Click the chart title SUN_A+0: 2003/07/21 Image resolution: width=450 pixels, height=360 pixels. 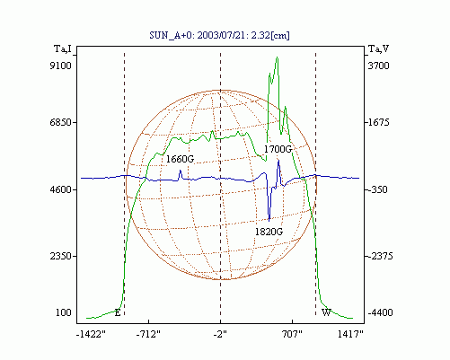pos(195,35)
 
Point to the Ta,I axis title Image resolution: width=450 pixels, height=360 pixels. pos(63,48)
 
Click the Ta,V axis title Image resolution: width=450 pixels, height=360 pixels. pos(378,48)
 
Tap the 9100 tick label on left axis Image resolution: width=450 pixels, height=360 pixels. pos(61,66)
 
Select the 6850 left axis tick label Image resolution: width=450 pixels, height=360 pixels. pos(61,122)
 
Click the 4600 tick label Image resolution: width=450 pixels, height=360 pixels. pos(61,189)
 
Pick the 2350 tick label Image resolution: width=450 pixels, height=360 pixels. pos(61,257)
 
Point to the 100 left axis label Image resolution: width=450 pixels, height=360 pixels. pos(64,312)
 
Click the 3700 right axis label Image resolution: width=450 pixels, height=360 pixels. pos(378,66)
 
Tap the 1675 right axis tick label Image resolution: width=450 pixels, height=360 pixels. pos(378,122)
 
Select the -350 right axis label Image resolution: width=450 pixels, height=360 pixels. pos(378,189)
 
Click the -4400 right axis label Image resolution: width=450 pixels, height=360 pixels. pos(380,312)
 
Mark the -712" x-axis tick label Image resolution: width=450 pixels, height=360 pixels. pos(148,334)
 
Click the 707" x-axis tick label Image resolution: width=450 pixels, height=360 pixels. pos(292,334)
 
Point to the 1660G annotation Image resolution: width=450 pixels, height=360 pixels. pos(180,159)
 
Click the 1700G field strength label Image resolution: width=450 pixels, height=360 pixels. pos(278,149)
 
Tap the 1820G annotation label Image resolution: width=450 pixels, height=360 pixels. pos(269,232)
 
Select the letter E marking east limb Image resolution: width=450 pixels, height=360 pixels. pos(118,313)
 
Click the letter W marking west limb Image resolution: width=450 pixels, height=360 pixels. pos(326,312)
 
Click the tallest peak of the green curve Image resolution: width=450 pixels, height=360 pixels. pos(278,57)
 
